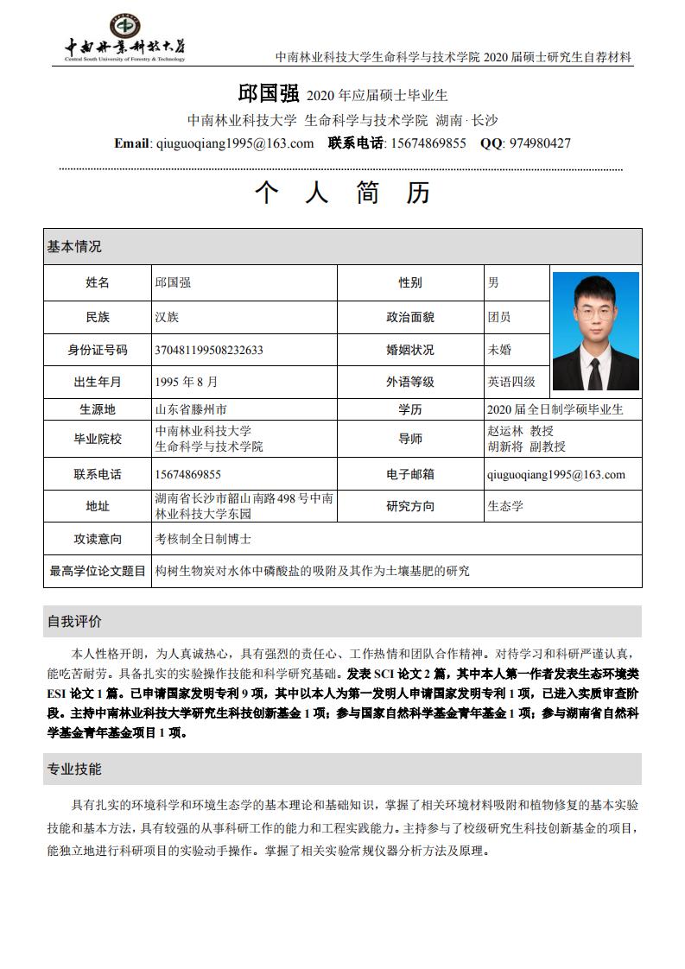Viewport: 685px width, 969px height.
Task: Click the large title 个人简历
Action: [342, 193]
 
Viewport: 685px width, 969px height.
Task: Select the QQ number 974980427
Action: [538, 143]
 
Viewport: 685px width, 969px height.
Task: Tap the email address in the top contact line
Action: [233, 143]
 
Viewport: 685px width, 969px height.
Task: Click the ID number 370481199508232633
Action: [208, 350]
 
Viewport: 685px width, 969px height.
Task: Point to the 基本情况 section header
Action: [74, 246]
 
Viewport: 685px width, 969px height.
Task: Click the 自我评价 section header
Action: [74, 621]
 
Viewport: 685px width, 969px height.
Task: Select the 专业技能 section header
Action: [74, 769]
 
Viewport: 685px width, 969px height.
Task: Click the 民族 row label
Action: [98, 317]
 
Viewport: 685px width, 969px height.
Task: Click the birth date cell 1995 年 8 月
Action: [187, 381]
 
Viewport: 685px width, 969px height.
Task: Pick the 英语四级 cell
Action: [511, 381]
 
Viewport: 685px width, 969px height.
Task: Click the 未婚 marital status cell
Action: [499, 350]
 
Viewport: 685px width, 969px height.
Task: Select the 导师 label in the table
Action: [410, 439]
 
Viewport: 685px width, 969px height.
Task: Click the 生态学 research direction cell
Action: [505, 506]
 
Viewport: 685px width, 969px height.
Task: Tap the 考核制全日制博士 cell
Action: [203, 538]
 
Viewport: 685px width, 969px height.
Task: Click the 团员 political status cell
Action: [499, 317]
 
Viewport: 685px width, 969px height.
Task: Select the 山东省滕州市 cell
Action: [190, 409]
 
